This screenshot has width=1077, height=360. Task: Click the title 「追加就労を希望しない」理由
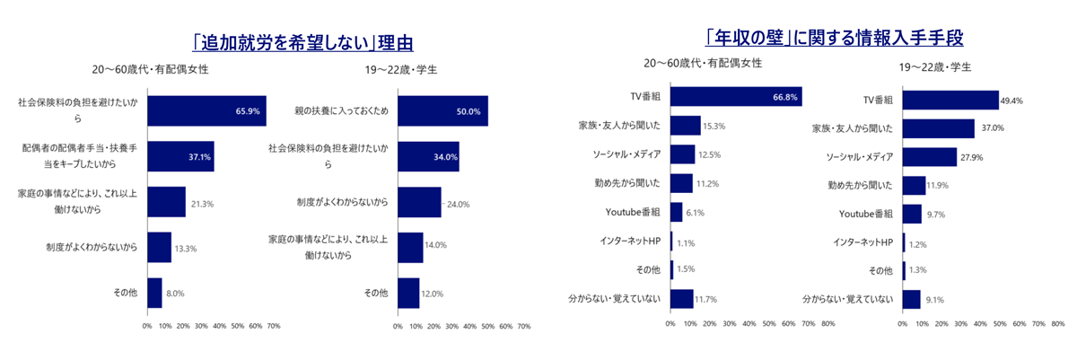pyautogui.click(x=295, y=42)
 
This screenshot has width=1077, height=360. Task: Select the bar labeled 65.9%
pyautogui.click(x=206, y=111)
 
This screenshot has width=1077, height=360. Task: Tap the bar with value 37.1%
pyautogui.click(x=180, y=157)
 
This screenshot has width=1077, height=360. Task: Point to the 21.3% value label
pyautogui.click(x=202, y=203)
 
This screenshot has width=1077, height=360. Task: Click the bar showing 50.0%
pyautogui.click(x=442, y=111)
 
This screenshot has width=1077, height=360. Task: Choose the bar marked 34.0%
pyautogui.click(x=427, y=157)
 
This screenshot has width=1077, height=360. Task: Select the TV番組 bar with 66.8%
pyautogui.click(x=735, y=97)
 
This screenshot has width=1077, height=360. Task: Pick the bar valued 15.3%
pyautogui.click(x=685, y=126)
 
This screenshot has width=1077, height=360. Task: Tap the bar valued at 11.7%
pyautogui.click(x=681, y=298)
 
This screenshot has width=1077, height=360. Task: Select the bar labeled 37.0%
pyautogui.click(x=938, y=129)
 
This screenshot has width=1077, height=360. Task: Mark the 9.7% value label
pyautogui.click(x=936, y=215)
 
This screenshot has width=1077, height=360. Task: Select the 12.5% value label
pyautogui.click(x=710, y=154)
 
